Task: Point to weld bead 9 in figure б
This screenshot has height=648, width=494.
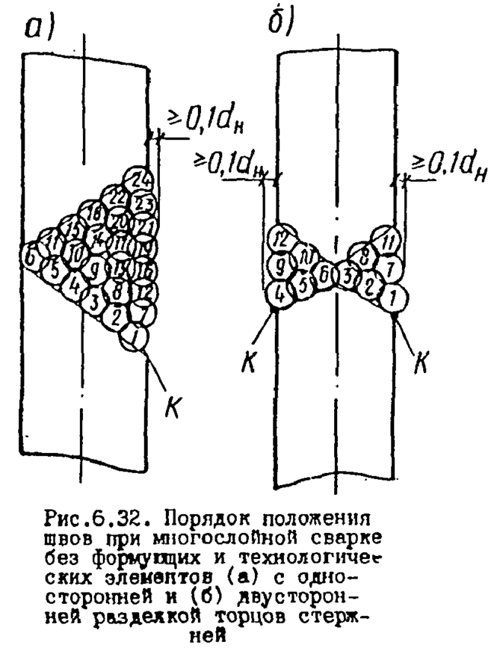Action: tap(280, 264)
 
